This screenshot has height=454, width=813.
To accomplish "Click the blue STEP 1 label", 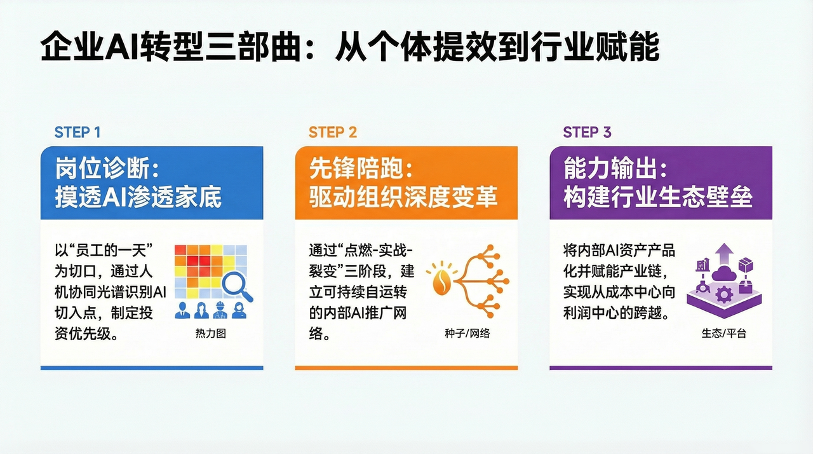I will click(77, 132).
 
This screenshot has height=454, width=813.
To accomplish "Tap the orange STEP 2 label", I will click(333, 132).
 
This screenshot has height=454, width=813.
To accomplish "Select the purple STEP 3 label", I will click(587, 132).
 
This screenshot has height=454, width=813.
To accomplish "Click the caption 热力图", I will click(212, 333).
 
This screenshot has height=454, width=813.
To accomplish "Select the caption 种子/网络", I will click(467, 333).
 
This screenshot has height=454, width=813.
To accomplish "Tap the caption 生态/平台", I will click(723, 333).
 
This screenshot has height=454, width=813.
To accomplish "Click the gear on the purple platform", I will click(723, 295).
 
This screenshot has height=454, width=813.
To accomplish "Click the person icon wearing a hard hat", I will click(220, 310).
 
